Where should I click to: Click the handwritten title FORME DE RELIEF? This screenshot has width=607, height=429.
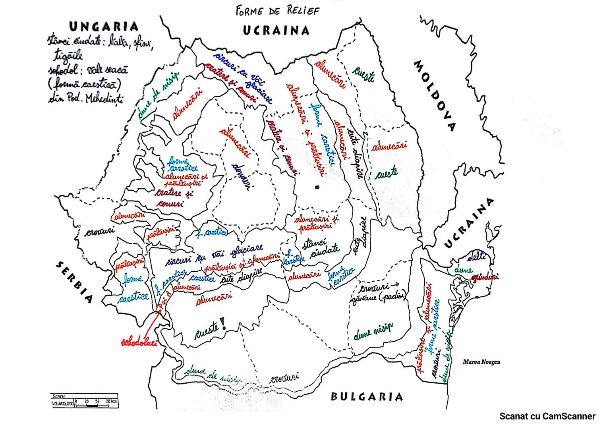(277, 11)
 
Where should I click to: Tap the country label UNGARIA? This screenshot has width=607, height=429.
(104, 27)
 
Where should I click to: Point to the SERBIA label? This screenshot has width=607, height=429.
(74, 282)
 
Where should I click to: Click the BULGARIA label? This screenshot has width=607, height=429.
(367, 396)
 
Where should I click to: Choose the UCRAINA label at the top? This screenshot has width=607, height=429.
(276, 31)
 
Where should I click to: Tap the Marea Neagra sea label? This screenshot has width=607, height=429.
(481, 362)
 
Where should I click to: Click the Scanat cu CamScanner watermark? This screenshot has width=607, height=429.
(547, 416)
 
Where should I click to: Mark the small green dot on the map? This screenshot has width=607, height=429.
(317, 187)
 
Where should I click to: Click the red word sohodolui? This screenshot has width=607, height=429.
(139, 342)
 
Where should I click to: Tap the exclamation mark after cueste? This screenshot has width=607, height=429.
(223, 324)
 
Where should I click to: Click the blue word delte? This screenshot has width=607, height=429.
(476, 257)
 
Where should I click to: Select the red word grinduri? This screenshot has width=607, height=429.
(485, 277)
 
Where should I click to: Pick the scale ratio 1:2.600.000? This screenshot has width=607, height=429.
(63, 404)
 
